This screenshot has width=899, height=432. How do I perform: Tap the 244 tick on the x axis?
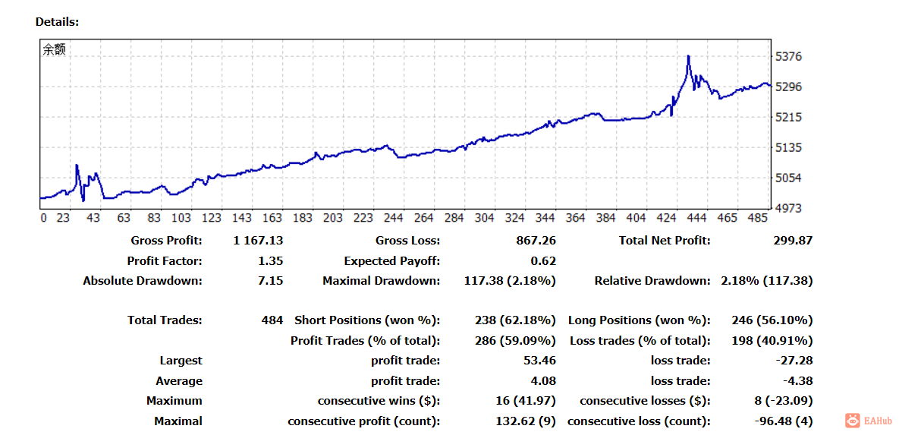pos(393,218)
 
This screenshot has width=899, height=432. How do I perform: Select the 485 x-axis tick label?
pos(757,218)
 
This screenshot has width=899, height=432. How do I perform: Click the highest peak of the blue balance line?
pos(688,55)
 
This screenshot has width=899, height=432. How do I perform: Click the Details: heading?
pos(57,21)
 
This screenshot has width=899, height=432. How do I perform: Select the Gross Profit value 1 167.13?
pos(259,241)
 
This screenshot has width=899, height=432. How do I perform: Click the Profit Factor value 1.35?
pos(270,260)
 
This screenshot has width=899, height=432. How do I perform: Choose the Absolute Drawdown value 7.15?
pos(270,280)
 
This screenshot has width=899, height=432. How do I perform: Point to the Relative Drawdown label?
pos(650,280)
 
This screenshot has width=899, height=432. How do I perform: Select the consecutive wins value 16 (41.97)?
pos(525,401)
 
